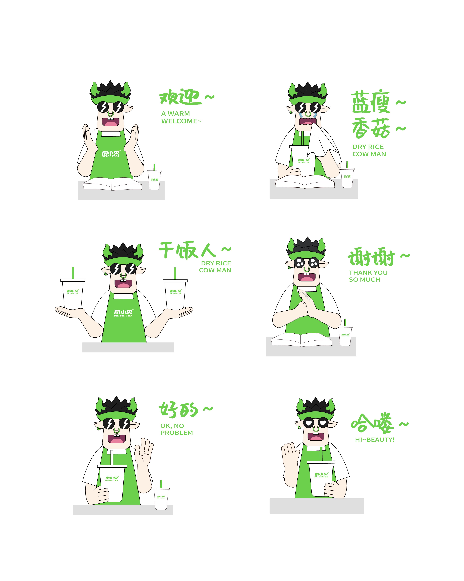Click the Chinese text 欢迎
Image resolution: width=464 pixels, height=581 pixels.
coord(180,97)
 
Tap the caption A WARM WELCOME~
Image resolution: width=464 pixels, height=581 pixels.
coord(181,117)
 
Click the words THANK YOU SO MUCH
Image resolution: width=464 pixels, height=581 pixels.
coord(368,276)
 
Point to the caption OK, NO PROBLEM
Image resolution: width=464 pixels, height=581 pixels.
coord(176,429)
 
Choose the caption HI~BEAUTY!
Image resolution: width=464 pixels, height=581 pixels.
coord(374,440)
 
